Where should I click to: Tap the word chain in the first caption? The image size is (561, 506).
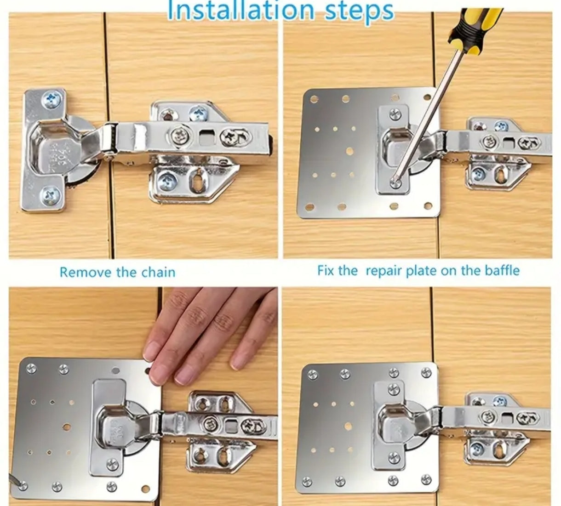(158, 272)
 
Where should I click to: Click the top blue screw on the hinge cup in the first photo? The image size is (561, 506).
(51, 100)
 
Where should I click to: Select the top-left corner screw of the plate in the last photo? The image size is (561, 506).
(312, 374)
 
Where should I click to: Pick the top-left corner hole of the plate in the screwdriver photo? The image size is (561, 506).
(314, 99)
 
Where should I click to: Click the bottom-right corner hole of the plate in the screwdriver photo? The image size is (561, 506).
(428, 206)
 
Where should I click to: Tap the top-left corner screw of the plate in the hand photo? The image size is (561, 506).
(31, 368)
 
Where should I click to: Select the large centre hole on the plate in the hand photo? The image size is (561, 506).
(67, 427)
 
